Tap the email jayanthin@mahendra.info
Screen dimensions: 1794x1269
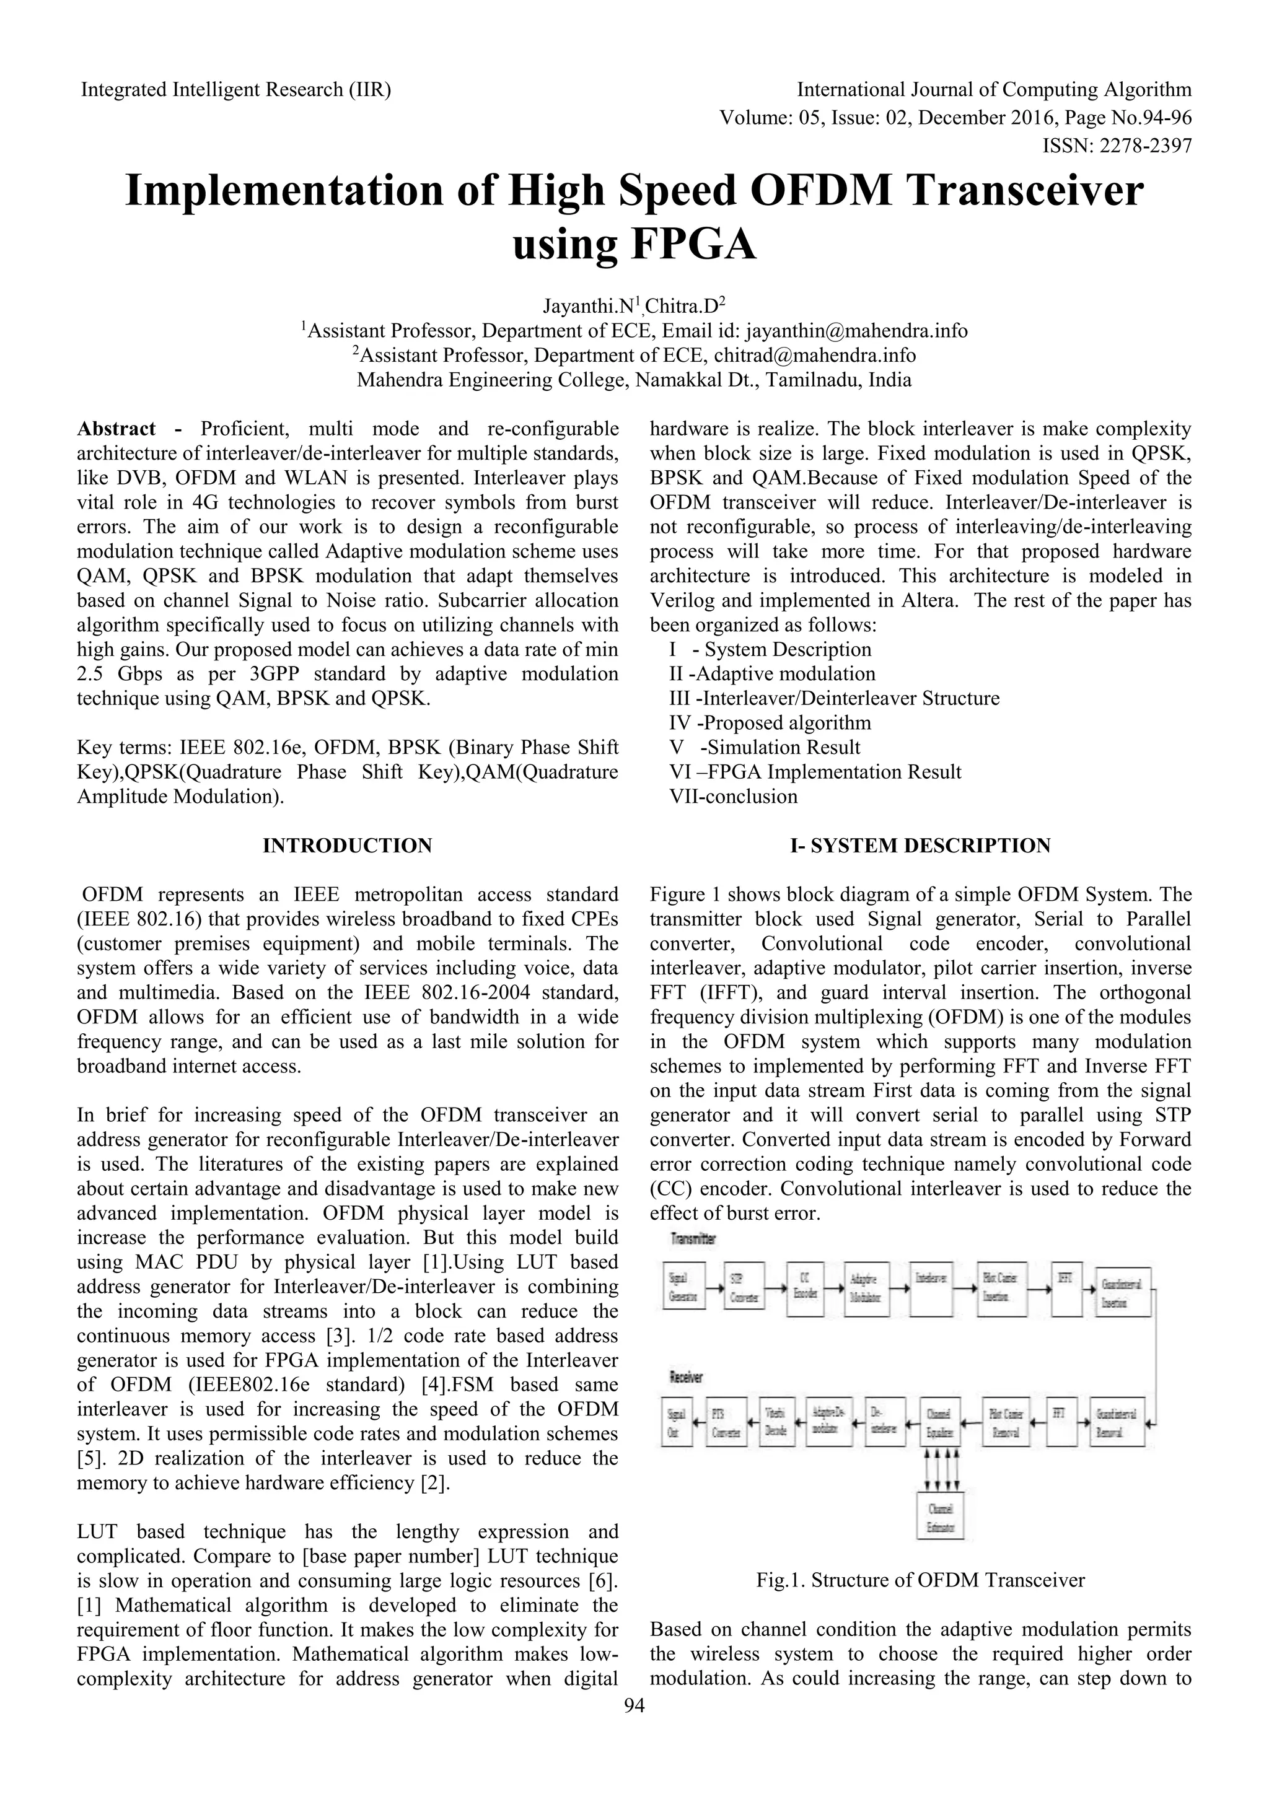pyautogui.click(x=856, y=331)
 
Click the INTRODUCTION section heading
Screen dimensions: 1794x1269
pyautogui.click(x=347, y=846)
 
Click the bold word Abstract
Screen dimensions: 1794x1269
pyautogui.click(x=116, y=429)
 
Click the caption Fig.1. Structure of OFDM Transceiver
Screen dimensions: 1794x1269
pyautogui.click(x=921, y=1580)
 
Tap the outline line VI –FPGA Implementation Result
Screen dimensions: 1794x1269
pyautogui.click(x=815, y=772)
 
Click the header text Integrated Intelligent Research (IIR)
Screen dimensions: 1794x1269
pyautogui.click(x=236, y=90)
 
